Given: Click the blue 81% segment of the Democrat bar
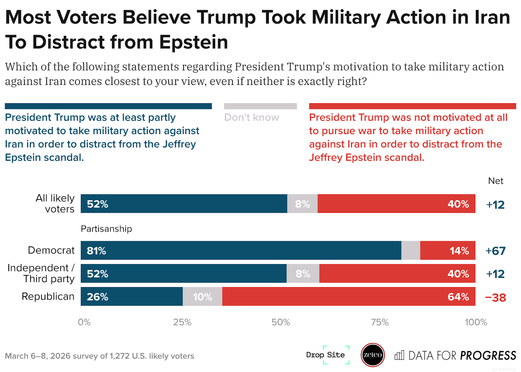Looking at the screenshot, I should coord(241,250).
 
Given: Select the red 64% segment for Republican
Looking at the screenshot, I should coord(348,296).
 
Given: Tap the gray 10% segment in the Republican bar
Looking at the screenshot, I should coord(202,296).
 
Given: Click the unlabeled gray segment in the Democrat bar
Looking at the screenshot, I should coord(411,250).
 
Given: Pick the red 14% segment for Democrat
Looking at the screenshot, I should coord(448,250).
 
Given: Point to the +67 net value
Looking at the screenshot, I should coord(495,251).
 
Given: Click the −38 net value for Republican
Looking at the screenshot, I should coord(495,297).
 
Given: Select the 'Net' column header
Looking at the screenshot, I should coord(495,181).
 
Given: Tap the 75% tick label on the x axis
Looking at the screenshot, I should coord(380,322).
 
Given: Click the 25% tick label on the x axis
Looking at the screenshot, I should coord(182,322).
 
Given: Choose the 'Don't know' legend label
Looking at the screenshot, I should coord(251,117).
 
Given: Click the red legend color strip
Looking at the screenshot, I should coord(412,106).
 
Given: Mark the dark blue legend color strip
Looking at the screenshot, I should coord(108,106).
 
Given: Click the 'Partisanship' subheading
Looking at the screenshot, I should coord(106,229).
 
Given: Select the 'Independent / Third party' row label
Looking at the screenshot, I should coord(41,273).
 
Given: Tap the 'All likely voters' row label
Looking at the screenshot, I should coord(55,203).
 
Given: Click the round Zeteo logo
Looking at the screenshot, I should coord(373,355).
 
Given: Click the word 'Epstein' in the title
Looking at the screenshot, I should coord(193,42).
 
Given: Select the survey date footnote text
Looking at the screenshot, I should coord(99,356).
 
